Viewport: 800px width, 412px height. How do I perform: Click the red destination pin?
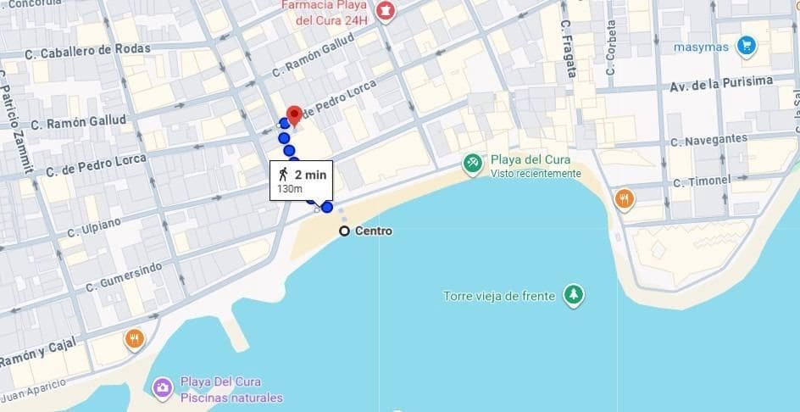coord(294,114)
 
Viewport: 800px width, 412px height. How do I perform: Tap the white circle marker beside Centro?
coord(344,231)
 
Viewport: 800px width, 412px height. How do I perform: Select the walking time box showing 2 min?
coord(301,180)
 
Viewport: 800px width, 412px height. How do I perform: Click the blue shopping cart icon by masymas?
coord(746,45)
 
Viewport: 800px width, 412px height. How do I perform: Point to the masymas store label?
coord(701,47)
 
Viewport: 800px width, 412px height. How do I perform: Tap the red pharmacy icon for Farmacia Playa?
coord(386,11)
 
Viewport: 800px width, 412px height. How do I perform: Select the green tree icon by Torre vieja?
coord(575,295)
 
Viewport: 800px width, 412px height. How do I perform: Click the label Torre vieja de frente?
coord(499,297)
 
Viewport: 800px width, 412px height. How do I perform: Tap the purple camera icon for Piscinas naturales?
coord(161,388)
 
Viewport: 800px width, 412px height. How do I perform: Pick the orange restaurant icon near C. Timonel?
coord(625,199)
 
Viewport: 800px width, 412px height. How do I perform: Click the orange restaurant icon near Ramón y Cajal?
coord(135,339)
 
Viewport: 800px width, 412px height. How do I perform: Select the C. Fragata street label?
coord(569,49)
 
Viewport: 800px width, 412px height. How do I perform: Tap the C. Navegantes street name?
coord(708,140)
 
